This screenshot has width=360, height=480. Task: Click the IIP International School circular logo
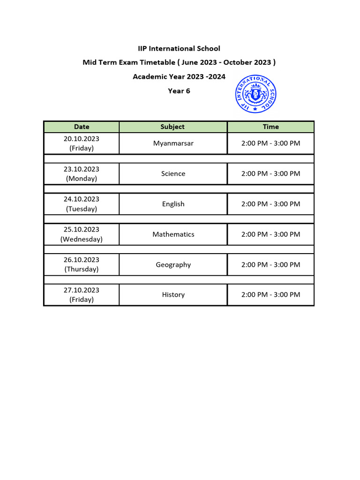click(x=255, y=93)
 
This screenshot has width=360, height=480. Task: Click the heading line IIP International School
click(x=179, y=48)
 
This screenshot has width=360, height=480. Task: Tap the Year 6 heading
click(x=179, y=91)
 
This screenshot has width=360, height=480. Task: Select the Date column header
click(x=82, y=127)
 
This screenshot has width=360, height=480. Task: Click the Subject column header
click(x=172, y=127)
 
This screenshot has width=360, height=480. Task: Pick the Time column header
click(x=270, y=127)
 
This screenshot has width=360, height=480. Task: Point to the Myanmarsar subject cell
click(x=173, y=143)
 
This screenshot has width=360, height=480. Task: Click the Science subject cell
click(x=173, y=173)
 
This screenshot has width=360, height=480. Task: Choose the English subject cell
click(x=173, y=204)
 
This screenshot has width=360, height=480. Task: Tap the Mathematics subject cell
click(x=173, y=234)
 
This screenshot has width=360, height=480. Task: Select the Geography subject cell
click(x=173, y=265)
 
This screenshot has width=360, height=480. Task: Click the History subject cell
click(x=173, y=295)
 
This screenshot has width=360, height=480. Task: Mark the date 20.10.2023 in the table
click(x=82, y=139)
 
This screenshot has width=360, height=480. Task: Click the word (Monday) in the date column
click(x=82, y=179)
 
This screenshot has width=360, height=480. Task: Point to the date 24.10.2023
click(x=82, y=199)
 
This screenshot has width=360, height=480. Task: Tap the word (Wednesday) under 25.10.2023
click(x=82, y=239)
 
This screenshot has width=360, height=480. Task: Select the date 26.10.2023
click(x=82, y=260)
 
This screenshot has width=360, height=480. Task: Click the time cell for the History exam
click(x=270, y=295)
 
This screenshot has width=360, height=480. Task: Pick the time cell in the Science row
click(x=270, y=173)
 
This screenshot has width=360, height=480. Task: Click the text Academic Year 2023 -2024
click(x=179, y=76)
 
